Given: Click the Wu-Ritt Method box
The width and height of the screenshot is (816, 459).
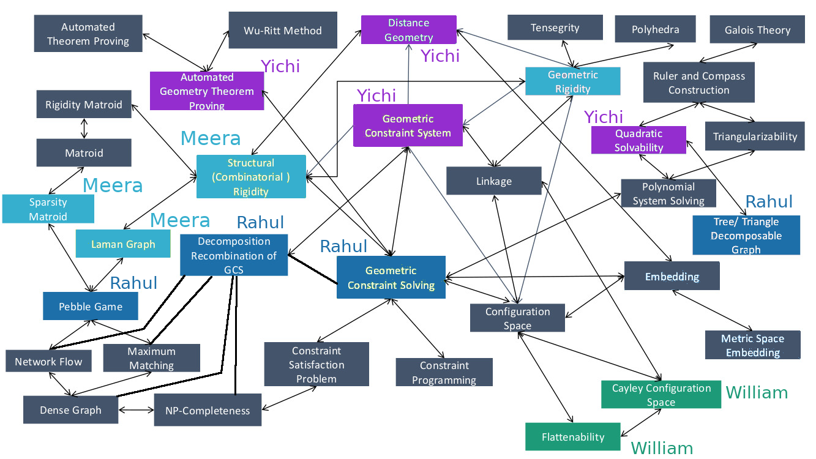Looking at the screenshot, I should pos(283,30).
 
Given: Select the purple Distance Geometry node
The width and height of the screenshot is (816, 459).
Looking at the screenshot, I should pos(409,30).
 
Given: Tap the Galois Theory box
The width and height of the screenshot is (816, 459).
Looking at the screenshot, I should pos(757,30).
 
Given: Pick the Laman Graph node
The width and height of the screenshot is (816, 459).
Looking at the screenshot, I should pos(124,244).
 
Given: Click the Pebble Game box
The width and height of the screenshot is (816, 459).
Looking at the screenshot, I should pos(91,306).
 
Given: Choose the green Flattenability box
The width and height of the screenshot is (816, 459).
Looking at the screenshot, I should pos(573,437).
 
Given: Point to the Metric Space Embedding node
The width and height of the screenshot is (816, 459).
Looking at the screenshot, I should pos(752,345).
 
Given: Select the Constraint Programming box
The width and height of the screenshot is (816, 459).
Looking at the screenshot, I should pos(444,372).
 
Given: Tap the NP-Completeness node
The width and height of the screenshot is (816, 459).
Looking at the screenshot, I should pos(208,410).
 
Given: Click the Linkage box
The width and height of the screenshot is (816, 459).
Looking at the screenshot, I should pos(493,181).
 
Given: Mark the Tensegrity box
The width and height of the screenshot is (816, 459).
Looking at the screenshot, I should pos(555,28).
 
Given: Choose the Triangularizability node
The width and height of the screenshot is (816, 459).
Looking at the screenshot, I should pos(755,136).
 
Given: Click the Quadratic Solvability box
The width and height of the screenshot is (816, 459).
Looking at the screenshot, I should pos(638,140).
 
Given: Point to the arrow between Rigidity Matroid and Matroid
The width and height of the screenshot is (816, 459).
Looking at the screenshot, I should pos(84,129).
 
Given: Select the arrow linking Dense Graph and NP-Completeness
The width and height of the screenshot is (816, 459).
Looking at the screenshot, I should pos(137,410).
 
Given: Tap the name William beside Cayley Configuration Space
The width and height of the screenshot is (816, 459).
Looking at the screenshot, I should pos(757,392).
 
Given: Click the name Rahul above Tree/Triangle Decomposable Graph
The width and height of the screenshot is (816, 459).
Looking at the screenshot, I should pos(769,202).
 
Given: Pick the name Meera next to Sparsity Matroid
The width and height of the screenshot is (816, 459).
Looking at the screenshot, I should pos(113,185).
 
